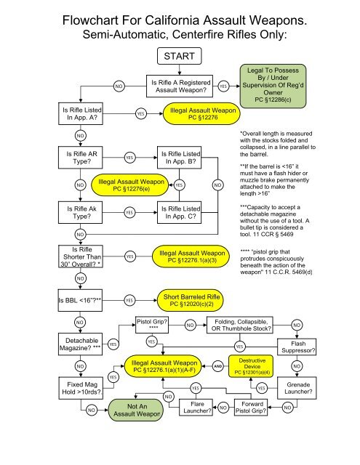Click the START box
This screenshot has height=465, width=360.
(180, 57)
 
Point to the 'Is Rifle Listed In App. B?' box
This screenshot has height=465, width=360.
(180, 158)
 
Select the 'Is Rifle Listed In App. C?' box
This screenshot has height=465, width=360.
(180, 211)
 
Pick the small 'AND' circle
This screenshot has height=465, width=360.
(217, 365)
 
